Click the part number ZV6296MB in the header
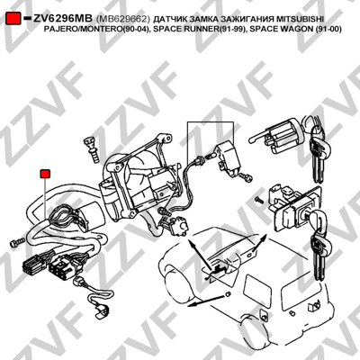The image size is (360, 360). click(63, 19)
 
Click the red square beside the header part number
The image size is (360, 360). click(13, 19)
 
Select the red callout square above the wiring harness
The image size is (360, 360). click(45, 174)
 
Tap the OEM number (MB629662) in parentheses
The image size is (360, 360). click(122, 19)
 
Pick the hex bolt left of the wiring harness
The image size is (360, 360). click(17, 242)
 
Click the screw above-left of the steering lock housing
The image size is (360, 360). click(92, 148)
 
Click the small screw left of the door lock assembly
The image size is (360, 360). click(258, 199)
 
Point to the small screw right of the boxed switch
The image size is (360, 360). click(246, 177)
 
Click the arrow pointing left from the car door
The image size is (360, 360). click(207, 301)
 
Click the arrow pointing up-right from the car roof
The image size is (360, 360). click(257, 243)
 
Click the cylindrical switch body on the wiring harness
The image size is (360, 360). click(91, 215)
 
